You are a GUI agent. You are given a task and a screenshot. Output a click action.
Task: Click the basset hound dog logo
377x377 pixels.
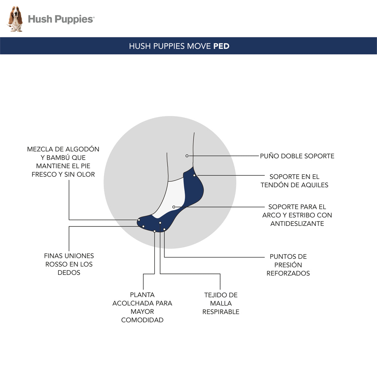[x=15, y=19]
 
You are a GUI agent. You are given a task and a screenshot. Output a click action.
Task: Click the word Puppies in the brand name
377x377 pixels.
[x=74, y=19]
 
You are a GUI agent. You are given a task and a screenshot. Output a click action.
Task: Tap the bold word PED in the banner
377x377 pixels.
[x=221, y=46]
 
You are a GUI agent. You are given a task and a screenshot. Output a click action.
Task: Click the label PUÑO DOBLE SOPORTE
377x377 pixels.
[x=297, y=156]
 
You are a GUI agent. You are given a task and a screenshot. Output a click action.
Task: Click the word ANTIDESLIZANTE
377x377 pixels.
[x=297, y=223]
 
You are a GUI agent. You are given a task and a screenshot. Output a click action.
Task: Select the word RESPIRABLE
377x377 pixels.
[x=221, y=312]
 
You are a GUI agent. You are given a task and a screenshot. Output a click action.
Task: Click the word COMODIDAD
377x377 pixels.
[x=142, y=320]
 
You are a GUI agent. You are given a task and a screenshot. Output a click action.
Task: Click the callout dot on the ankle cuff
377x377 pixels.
[x=187, y=156]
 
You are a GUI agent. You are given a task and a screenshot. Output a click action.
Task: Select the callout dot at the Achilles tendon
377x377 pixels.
[x=194, y=175]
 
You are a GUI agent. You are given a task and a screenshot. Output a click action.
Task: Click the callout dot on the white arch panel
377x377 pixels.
[x=174, y=207]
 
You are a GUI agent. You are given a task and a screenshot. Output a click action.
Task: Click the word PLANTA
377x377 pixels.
[x=142, y=295]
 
